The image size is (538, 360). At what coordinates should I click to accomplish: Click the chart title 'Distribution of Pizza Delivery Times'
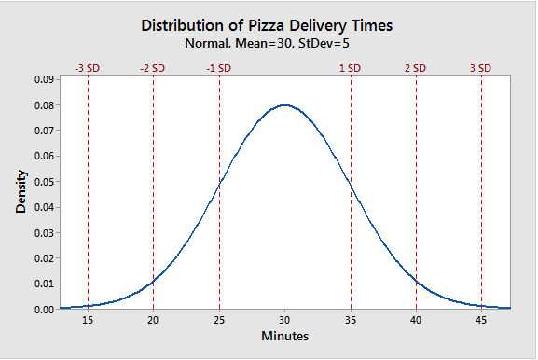267,26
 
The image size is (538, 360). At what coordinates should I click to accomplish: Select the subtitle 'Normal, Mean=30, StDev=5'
267,44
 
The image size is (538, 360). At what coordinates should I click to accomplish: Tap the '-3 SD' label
87,68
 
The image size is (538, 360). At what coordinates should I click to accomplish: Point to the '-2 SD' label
152,68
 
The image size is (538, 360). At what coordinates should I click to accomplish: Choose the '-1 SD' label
218,68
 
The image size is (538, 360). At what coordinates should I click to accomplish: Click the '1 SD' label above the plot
350,68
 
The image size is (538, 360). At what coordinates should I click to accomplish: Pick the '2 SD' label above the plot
415,68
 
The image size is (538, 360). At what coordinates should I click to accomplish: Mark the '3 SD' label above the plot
480,68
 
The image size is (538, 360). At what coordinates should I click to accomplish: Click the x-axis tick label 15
88,320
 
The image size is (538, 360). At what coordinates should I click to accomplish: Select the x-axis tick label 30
284,320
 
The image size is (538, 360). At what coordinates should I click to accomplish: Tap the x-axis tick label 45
481,320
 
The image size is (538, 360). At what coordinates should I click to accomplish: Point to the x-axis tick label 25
219,320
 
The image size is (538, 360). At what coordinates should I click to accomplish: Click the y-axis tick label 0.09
44,79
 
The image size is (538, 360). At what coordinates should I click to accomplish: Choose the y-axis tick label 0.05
44,182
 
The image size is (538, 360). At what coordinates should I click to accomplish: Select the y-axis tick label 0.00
44,310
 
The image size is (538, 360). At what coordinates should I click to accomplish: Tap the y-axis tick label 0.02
44,258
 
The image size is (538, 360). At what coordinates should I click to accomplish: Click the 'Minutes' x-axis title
284,336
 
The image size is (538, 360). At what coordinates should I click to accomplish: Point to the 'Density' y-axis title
21,191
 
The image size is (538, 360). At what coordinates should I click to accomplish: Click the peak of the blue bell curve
284,105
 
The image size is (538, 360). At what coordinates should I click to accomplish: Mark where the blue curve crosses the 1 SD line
351,184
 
